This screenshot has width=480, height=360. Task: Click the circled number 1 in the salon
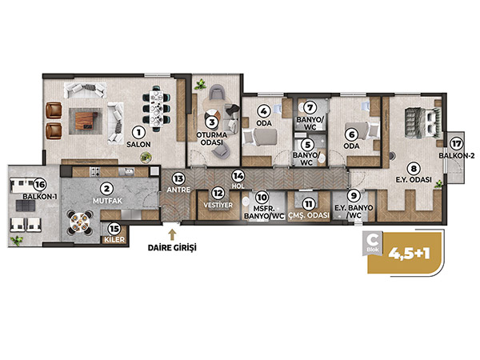pos(138,133)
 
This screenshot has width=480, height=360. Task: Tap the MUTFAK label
pos(107,201)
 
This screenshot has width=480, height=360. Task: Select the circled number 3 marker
pos(211,122)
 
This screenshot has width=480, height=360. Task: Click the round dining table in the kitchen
pos(79,222)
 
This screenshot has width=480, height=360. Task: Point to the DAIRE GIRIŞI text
pos(172,247)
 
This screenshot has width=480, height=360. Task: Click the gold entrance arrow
pos(172,234)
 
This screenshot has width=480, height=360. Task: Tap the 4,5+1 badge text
pos(410,253)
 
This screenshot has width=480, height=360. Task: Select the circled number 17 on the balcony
pos(456,143)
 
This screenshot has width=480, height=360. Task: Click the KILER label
pos(114,239)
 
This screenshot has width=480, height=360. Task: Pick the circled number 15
pos(114,229)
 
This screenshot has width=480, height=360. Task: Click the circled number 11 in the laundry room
pos(309,203)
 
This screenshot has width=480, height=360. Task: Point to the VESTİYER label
pos(218,205)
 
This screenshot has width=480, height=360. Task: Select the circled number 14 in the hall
pos(238,176)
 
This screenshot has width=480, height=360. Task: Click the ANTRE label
pos(178,190)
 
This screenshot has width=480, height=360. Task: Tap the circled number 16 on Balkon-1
pos(40,184)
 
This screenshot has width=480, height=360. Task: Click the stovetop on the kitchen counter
pos(94,172)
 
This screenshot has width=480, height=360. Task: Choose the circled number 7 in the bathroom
pos(310,108)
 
